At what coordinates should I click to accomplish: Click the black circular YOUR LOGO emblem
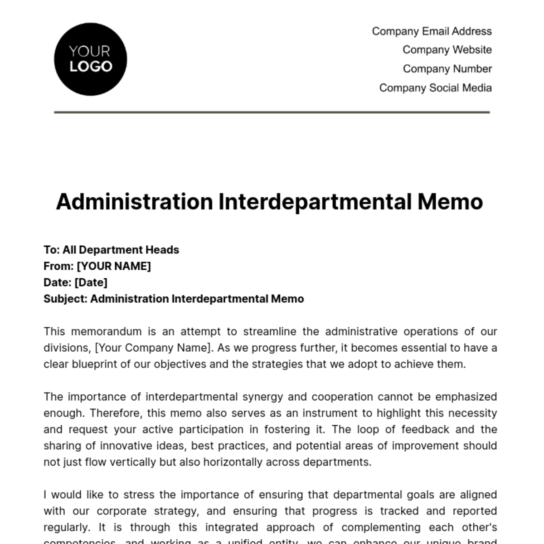[x=90, y=59]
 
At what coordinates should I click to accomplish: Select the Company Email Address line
[x=432, y=31]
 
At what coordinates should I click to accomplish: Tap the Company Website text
[x=447, y=50]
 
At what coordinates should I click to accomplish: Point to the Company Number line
[x=447, y=69]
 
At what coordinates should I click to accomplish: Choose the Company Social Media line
[x=435, y=88]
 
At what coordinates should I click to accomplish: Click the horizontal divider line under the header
[x=272, y=112]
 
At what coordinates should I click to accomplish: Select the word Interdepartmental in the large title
[x=315, y=202]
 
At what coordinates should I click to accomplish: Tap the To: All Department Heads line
[x=111, y=250]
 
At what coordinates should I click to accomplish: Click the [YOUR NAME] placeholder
[x=114, y=266]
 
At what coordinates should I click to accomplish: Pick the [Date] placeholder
[x=91, y=282]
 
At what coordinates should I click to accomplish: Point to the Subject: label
[x=65, y=299]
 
